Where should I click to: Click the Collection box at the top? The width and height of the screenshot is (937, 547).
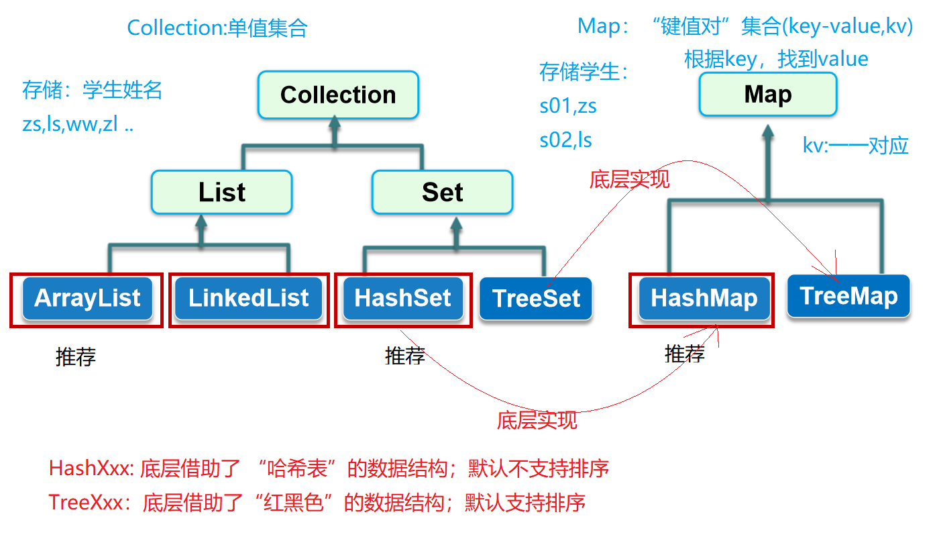(x=338, y=95)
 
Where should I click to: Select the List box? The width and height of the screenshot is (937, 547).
(x=222, y=193)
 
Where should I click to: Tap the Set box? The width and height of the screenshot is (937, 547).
(x=442, y=193)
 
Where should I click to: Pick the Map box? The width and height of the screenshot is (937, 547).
(x=768, y=95)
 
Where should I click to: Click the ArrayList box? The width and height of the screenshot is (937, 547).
(x=87, y=298)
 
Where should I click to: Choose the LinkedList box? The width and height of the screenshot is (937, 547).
(x=249, y=298)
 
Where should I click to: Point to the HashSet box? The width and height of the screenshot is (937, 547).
(x=402, y=298)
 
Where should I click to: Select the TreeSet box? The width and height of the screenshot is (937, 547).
(x=536, y=299)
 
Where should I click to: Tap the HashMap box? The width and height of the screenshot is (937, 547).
(x=704, y=299)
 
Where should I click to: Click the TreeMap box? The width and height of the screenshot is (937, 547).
(x=848, y=296)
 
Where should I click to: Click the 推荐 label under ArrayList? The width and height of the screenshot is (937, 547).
(x=76, y=357)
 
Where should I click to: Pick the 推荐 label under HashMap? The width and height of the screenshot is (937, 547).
(x=685, y=354)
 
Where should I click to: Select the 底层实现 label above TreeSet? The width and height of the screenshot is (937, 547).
(x=629, y=179)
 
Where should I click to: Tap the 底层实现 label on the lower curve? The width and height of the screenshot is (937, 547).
(x=537, y=421)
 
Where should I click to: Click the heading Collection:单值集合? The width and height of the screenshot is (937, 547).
(x=217, y=28)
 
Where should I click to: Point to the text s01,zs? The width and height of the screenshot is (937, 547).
(x=568, y=106)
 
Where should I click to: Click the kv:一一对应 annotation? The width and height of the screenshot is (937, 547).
(x=855, y=146)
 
